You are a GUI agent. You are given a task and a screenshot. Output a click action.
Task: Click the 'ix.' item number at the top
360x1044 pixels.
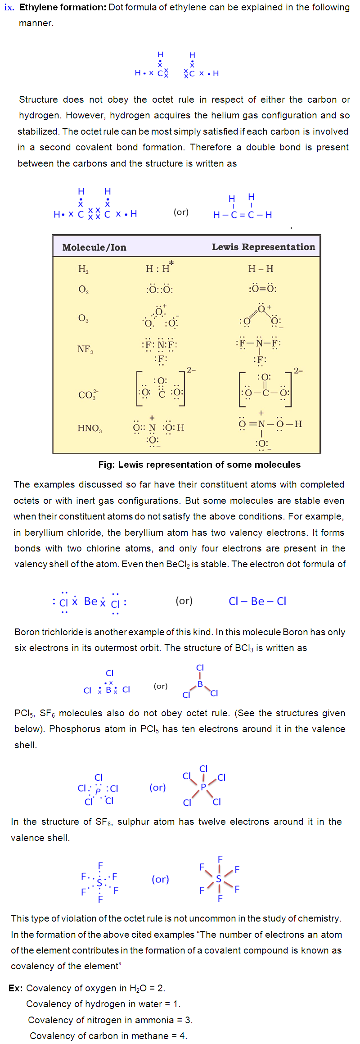(x=9, y=8)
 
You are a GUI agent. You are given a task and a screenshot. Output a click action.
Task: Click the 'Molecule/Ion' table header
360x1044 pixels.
(x=94, y=247)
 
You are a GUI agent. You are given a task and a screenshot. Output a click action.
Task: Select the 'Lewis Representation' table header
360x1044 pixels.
(x=263, y=247)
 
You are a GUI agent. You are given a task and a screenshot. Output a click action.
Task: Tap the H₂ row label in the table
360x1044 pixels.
(x=83, y=269)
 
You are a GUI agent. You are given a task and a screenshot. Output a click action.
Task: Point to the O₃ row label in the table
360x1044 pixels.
(x=83, y=318)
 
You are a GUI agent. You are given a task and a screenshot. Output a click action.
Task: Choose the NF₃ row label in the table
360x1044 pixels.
(x=85, y=349)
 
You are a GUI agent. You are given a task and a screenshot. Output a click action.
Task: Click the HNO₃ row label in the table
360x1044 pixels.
(x=90, y=428)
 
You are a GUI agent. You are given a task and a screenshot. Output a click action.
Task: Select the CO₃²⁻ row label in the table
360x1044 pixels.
(x=88, y=395)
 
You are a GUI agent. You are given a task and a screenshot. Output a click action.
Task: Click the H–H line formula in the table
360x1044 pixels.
(x=261, y=269)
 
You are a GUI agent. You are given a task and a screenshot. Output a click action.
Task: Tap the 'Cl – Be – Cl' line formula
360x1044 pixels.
(x=257, y=601)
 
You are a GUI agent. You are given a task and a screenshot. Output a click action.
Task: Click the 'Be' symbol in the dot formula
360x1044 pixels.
(x=90, y=601)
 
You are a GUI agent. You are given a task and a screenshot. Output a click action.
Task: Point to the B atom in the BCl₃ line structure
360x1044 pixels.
(x=200, y=684)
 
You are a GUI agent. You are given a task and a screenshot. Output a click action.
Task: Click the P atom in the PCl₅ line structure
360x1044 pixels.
(x=203, y=787)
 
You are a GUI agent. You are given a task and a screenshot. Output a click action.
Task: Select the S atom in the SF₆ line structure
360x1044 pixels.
(x=219, y=878)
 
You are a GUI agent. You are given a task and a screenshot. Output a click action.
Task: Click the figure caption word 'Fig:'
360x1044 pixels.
(x=107, y=465)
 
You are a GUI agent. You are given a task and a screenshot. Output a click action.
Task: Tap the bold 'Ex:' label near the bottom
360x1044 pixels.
(x=16, y=988)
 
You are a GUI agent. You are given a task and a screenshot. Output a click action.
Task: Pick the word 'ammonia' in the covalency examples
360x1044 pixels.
(x=155, y=1020)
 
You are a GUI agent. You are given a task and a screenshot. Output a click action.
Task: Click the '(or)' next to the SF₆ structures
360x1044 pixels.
(x=160, y=879)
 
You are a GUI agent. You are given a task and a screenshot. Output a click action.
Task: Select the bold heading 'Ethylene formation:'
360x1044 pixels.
(x=63, y=8)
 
